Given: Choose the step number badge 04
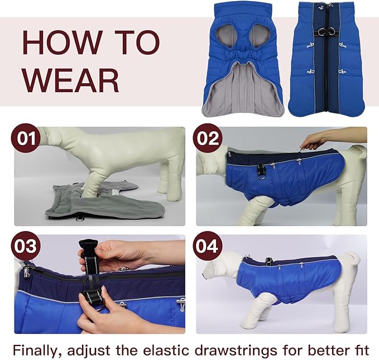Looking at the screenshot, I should coord(208,246).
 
